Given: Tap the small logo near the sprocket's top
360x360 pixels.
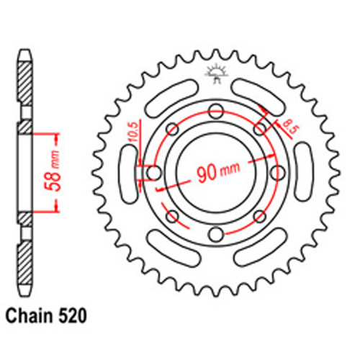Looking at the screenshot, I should click(x=214, y=72).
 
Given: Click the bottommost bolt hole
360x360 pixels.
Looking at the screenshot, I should click(x=214, y=235).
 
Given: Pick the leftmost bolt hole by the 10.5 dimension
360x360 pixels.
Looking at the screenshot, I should click(x=152, y=173).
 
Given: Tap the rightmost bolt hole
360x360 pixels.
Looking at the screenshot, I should click(x=276, y=173).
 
